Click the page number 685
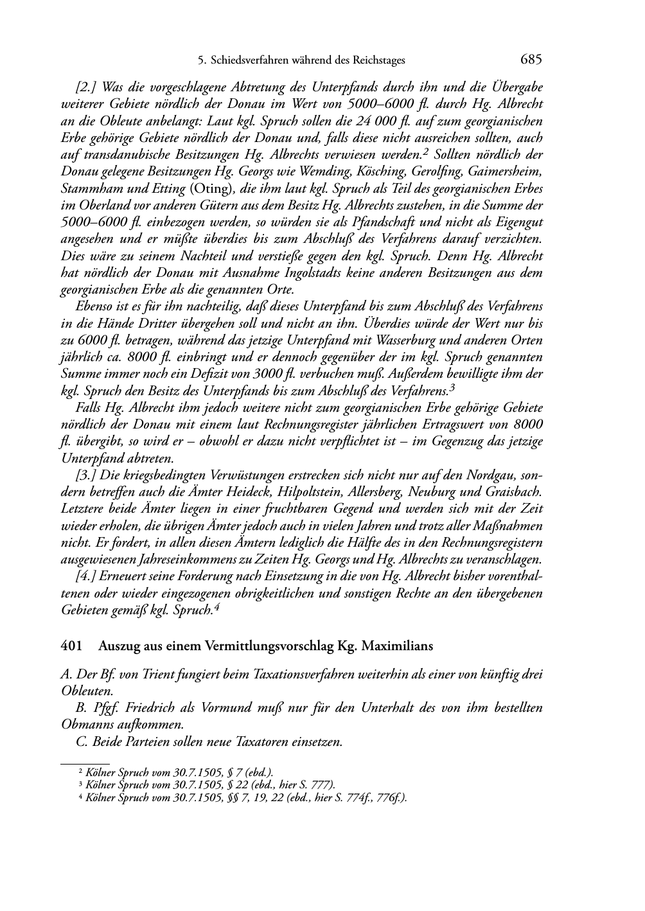coord(531,60)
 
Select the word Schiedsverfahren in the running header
coord(248,61)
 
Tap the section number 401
coord(70,645)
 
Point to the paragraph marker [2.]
coord(87,87)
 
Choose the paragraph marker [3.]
coord(87,475)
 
